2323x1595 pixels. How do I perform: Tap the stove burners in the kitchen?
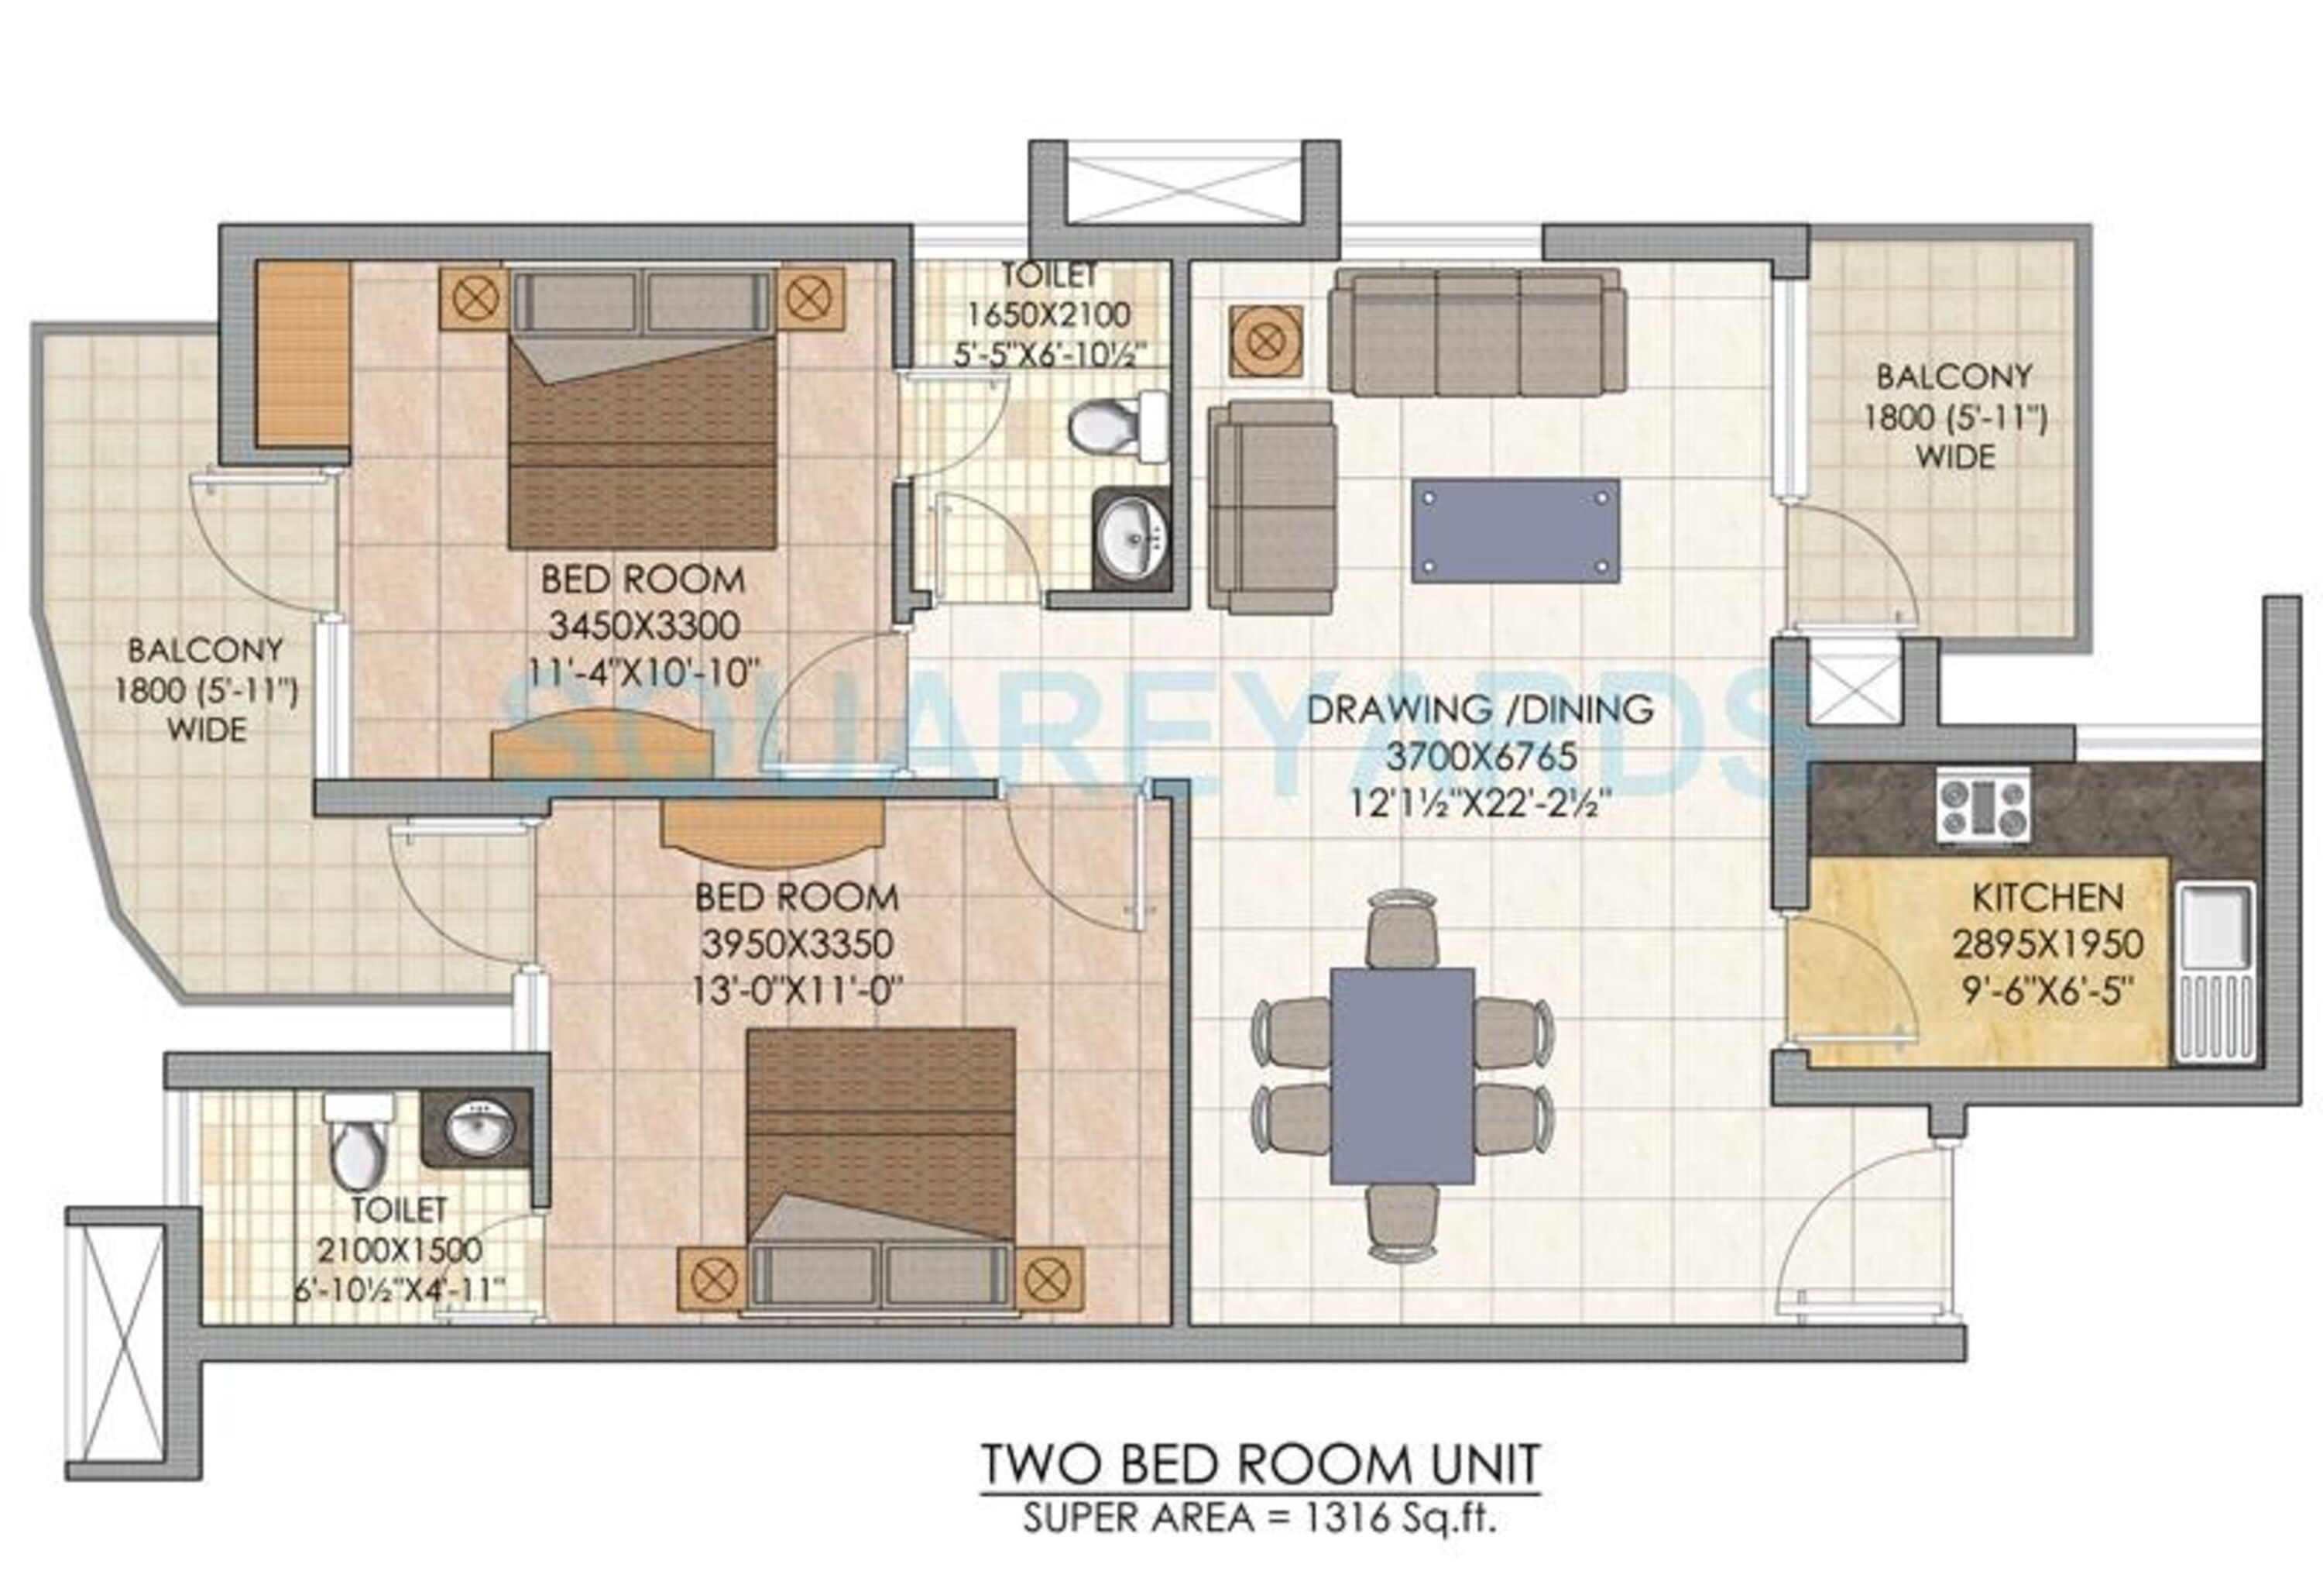(1984, 804)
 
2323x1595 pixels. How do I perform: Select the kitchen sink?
(2215, 971)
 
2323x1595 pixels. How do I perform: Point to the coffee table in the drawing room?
(1515, 531)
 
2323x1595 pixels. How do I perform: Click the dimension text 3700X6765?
(1481, 756)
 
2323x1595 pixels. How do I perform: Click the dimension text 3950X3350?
(797, 944)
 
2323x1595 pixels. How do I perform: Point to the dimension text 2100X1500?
(400, 1250)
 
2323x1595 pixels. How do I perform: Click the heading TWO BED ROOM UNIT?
(1261, 1465)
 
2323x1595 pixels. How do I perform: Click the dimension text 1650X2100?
(1048, 315)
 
